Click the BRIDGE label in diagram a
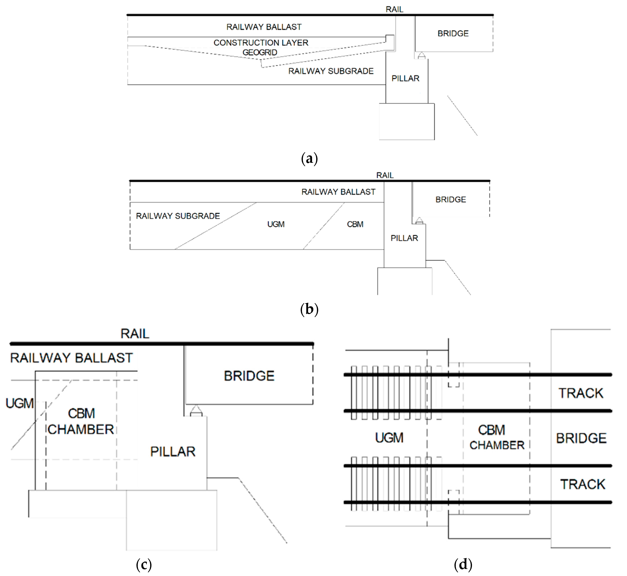click(453, 33)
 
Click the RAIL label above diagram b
click(385, 175)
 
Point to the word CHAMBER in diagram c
click(81, 429)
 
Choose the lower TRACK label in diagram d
click(582, 484)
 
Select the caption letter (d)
click(463, 564)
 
